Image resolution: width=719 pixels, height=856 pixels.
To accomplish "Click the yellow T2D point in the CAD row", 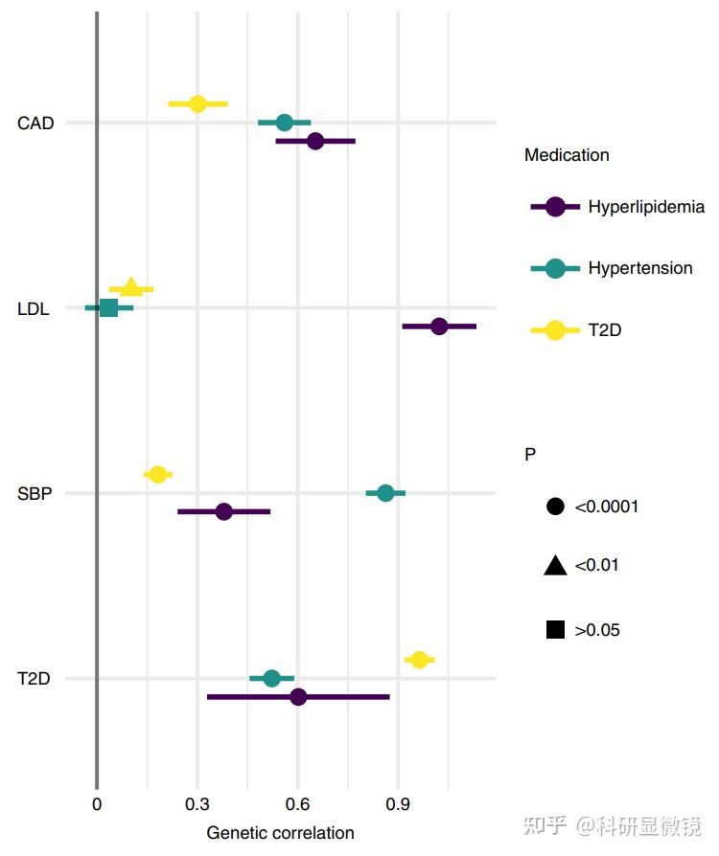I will coord(197,103).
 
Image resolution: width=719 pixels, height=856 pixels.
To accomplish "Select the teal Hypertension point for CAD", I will coord(284,123).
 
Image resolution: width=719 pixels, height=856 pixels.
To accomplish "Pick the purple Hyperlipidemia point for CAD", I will coord(315,141).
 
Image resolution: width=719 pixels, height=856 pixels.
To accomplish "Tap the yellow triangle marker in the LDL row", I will coord(130,287).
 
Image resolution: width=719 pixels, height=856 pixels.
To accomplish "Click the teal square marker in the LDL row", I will coord(108,307).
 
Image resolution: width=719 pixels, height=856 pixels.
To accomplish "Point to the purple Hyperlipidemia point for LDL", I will coord(439,327).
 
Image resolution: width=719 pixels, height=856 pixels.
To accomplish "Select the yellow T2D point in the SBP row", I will coord(158,474).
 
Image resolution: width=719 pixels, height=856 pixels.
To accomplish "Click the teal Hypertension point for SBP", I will coord(385,493).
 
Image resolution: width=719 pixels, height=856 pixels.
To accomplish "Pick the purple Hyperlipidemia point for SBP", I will coord(223,511).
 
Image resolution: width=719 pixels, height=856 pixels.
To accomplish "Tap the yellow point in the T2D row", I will coord(419,660).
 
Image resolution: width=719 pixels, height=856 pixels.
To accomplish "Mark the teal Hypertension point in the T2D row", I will coord(271,678).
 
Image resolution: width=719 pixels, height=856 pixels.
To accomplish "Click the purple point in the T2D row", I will coord(298,697).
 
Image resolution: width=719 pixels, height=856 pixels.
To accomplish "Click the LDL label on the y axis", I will coord(35,308).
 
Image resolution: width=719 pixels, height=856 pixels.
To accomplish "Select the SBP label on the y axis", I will coord(35,494).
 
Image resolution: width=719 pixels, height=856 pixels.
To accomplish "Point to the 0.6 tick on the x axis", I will coord(297,803).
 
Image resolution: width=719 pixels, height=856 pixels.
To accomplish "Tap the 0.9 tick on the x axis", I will coord(398,803).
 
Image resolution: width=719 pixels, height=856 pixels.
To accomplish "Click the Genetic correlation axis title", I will coord(280,833).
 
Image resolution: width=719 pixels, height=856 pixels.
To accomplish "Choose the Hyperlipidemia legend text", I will coord(646,207).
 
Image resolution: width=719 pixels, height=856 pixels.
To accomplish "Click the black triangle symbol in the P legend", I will coord(554,566).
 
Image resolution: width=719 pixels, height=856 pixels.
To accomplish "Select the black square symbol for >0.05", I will coord(554,630).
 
